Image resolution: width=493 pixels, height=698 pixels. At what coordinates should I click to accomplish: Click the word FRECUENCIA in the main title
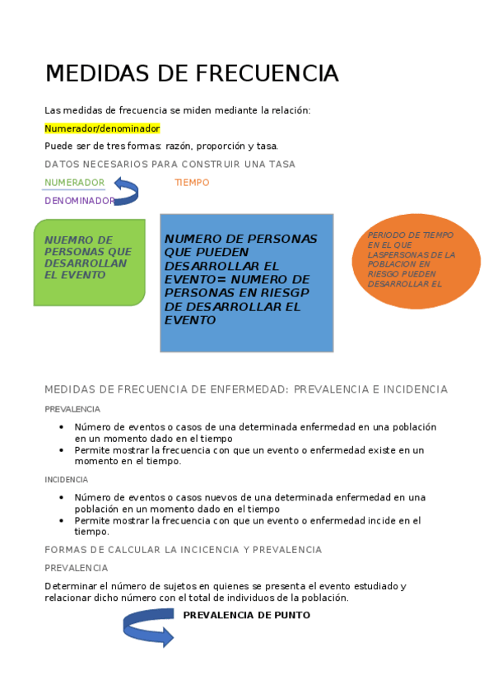(267, 73)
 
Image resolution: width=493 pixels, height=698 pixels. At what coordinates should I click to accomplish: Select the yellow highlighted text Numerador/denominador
(102, 128)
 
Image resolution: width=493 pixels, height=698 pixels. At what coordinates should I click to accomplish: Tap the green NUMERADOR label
(74, 183)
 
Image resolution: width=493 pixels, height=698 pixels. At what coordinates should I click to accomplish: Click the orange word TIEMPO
(192, 183)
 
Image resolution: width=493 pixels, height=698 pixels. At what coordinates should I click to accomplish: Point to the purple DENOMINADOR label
(80, 201)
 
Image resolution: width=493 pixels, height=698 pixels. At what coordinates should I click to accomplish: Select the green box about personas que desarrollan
(89, 262)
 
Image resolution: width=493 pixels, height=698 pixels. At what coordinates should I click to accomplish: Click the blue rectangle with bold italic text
(246, 282)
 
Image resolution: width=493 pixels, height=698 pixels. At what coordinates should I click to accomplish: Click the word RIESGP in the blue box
(284, 292)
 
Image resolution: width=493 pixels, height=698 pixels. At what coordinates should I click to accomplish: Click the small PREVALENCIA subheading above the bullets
(72, 409)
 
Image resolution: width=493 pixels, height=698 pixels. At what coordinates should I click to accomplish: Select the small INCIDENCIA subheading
(67, 479)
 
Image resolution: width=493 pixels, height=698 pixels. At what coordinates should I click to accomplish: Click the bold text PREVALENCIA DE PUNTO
(246, 615)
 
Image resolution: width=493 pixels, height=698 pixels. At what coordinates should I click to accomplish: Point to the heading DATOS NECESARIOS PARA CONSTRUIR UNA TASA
(170, 164)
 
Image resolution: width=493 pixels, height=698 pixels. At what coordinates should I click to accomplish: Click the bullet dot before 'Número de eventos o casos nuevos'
(62, 497)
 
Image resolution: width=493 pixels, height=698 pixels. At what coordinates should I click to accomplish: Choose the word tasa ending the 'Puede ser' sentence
(267, 146)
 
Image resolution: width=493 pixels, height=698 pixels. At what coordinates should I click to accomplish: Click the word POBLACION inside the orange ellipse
(388, 264)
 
